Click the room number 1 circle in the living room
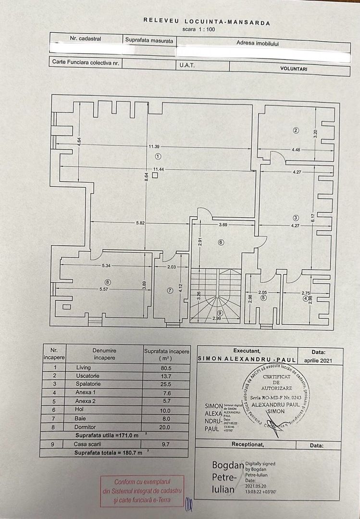(158, 156)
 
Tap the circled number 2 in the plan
(296, 130)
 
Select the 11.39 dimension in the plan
(154, 146)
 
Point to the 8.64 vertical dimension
(147, 176)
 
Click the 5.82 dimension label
(141, 223)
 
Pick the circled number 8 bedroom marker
(108, 282)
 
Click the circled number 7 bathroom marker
(170, 290)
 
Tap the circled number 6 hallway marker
(221, 242)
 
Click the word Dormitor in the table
(86, 427)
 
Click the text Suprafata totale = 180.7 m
(108, 453)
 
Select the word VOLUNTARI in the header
(294, 69)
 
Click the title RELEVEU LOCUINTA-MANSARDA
(207, 22)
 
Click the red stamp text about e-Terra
(142, 491)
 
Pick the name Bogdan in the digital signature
(228, 465)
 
